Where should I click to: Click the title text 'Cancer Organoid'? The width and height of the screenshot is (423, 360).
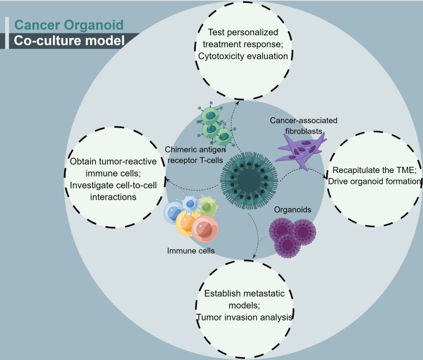69,24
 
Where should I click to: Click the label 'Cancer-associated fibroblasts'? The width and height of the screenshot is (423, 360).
303,126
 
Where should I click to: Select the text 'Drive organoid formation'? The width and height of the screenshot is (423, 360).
374,181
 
